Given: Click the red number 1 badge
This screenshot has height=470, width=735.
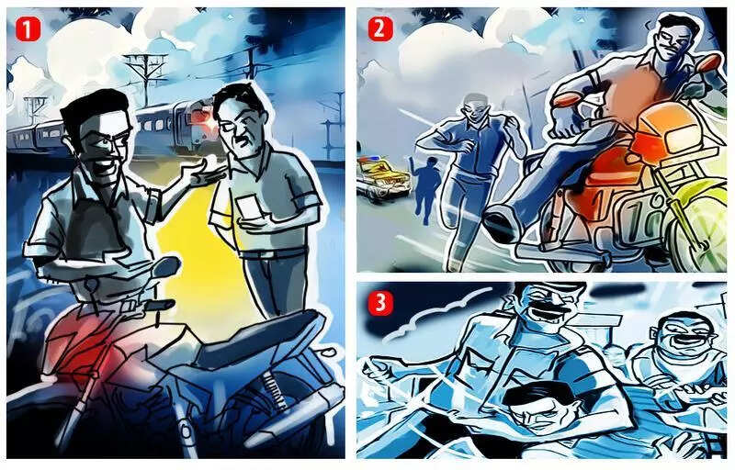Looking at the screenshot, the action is coord(28,29).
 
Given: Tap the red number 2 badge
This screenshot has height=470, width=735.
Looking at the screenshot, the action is coord(380,29).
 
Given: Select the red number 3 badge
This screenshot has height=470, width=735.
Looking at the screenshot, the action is coord(380,303).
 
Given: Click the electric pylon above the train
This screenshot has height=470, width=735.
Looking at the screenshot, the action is coord(145,75).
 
